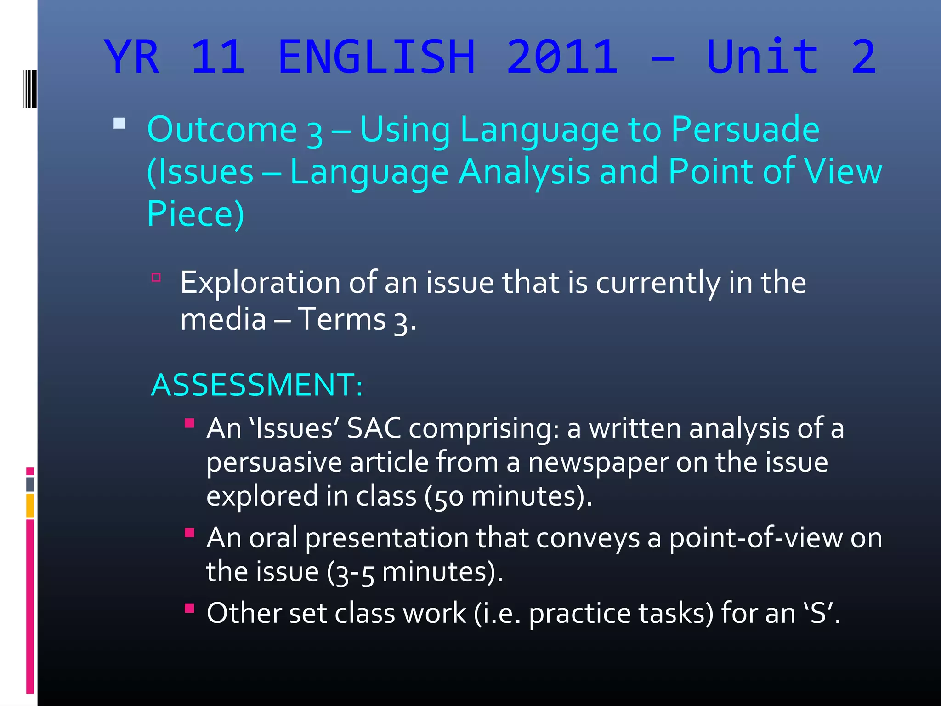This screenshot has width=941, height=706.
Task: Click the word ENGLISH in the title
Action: tap(377, 57)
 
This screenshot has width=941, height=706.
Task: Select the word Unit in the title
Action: tap(763, 57)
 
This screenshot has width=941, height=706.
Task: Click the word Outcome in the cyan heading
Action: tap(222, 130)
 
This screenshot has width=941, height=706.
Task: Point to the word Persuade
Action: tap(745, 130)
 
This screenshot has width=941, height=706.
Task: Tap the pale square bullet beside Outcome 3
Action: tap(119, 123)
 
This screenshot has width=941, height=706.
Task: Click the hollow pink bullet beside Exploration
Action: tap(156, 277)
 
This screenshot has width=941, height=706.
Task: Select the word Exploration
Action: tap(260, 283)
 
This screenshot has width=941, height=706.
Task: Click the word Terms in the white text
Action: tap(341, 319)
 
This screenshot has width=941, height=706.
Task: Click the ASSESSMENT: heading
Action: tap(257, 385)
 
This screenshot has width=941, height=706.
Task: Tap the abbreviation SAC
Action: tap(374, 428)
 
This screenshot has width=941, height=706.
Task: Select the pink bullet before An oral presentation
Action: tap(189, 532)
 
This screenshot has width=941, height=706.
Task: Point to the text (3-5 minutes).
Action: tap(414, 572)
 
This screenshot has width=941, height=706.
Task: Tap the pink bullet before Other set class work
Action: tap(189, 608)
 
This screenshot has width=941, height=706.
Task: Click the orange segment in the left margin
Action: tap(30, 506)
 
